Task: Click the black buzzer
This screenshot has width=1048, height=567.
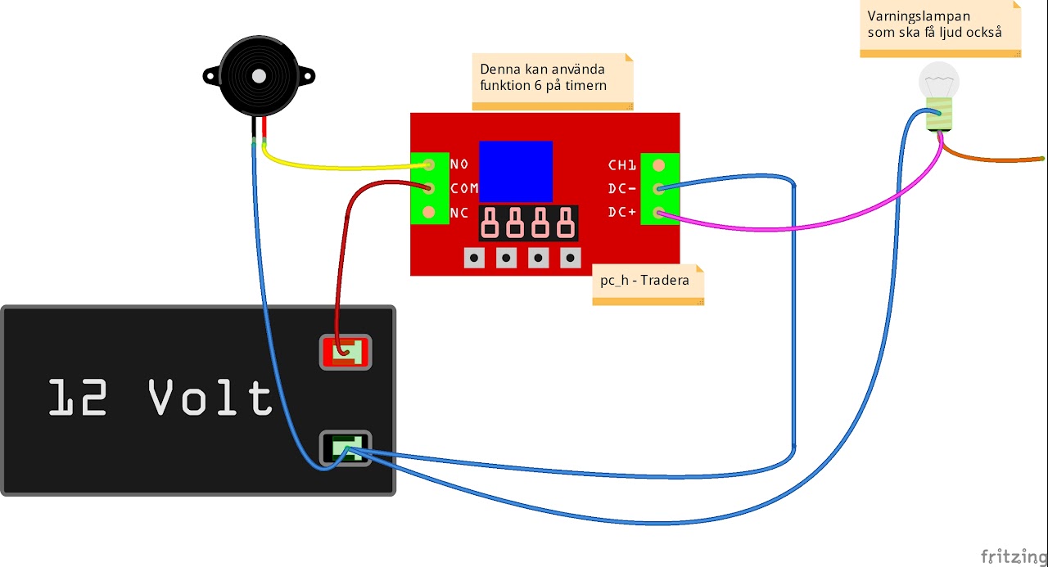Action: pyautogui.click(x=259, y=76)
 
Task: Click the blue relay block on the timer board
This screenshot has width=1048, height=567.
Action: pyautogui.click(x=516, y=172)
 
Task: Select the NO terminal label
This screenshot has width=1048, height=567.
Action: pyautogui.click(x=459, y=164)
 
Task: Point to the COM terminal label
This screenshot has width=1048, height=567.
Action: pyautogui.click(x=464, y=188)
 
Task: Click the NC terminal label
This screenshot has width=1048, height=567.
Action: pyautogui.click(x=459, y=213)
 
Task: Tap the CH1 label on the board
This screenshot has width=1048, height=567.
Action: pyautogui.click(x=621, y=165)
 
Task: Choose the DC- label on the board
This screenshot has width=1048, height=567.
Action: pyautogui.click(x=621, y=188)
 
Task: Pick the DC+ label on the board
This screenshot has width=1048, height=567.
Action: pyautogui.click(x=621, y=212)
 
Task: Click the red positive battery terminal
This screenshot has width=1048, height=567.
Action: pyautogui.click(x=346, y=352)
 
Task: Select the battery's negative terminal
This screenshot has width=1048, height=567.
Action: pyautogui.click(x=346, y=448)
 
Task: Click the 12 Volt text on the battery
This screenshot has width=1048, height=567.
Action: pyautogui.click(x=160, y=398)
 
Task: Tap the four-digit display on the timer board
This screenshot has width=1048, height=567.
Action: pyautogui.click(x=528, y=223)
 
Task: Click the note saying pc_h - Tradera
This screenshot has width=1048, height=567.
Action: pyautogui.click(x=648, y=285)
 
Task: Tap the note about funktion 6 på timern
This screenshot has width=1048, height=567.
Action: pyautogui.click(x=553, y=82)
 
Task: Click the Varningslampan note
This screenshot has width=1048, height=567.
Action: pyautogui.click(x=941, y=29)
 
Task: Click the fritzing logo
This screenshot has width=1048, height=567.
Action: pyautogui.click(x=1014, y=556)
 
